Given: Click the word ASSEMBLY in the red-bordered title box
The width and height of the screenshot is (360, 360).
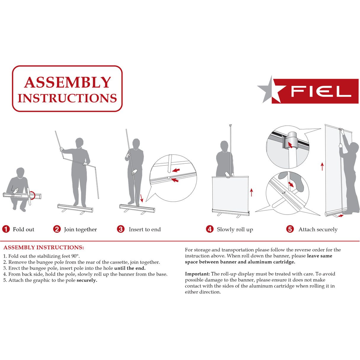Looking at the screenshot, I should point(67,82).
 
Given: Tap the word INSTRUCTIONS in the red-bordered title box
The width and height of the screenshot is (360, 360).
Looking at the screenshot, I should point(67,98).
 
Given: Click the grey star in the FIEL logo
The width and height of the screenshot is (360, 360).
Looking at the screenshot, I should point(269,90).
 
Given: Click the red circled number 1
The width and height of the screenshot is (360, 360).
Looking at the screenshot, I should point(6,229).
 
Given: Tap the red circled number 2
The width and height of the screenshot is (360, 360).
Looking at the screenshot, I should point(57,229).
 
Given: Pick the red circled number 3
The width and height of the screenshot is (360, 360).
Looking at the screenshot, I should point(121,229).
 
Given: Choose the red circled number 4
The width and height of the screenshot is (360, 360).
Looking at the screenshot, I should point(210,229).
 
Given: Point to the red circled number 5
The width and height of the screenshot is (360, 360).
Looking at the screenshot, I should point(290,229).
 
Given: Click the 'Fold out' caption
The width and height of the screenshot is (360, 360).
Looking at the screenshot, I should point(23,230).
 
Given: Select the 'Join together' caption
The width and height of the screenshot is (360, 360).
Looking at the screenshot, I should point(80,230).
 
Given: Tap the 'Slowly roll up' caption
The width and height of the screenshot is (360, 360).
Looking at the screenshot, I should point(235,230).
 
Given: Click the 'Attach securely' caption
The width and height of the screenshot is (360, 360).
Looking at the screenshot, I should point(318,230).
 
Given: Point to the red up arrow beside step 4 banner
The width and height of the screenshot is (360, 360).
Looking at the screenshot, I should point(251,192).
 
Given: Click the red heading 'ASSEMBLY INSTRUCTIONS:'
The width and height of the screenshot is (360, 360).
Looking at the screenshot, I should point(44,248).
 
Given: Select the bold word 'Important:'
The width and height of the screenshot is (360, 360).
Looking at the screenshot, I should point(197,274).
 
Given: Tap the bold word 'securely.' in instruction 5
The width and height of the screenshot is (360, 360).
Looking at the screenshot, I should point(87,280).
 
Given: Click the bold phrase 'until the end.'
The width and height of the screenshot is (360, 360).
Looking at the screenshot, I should point(130,268).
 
